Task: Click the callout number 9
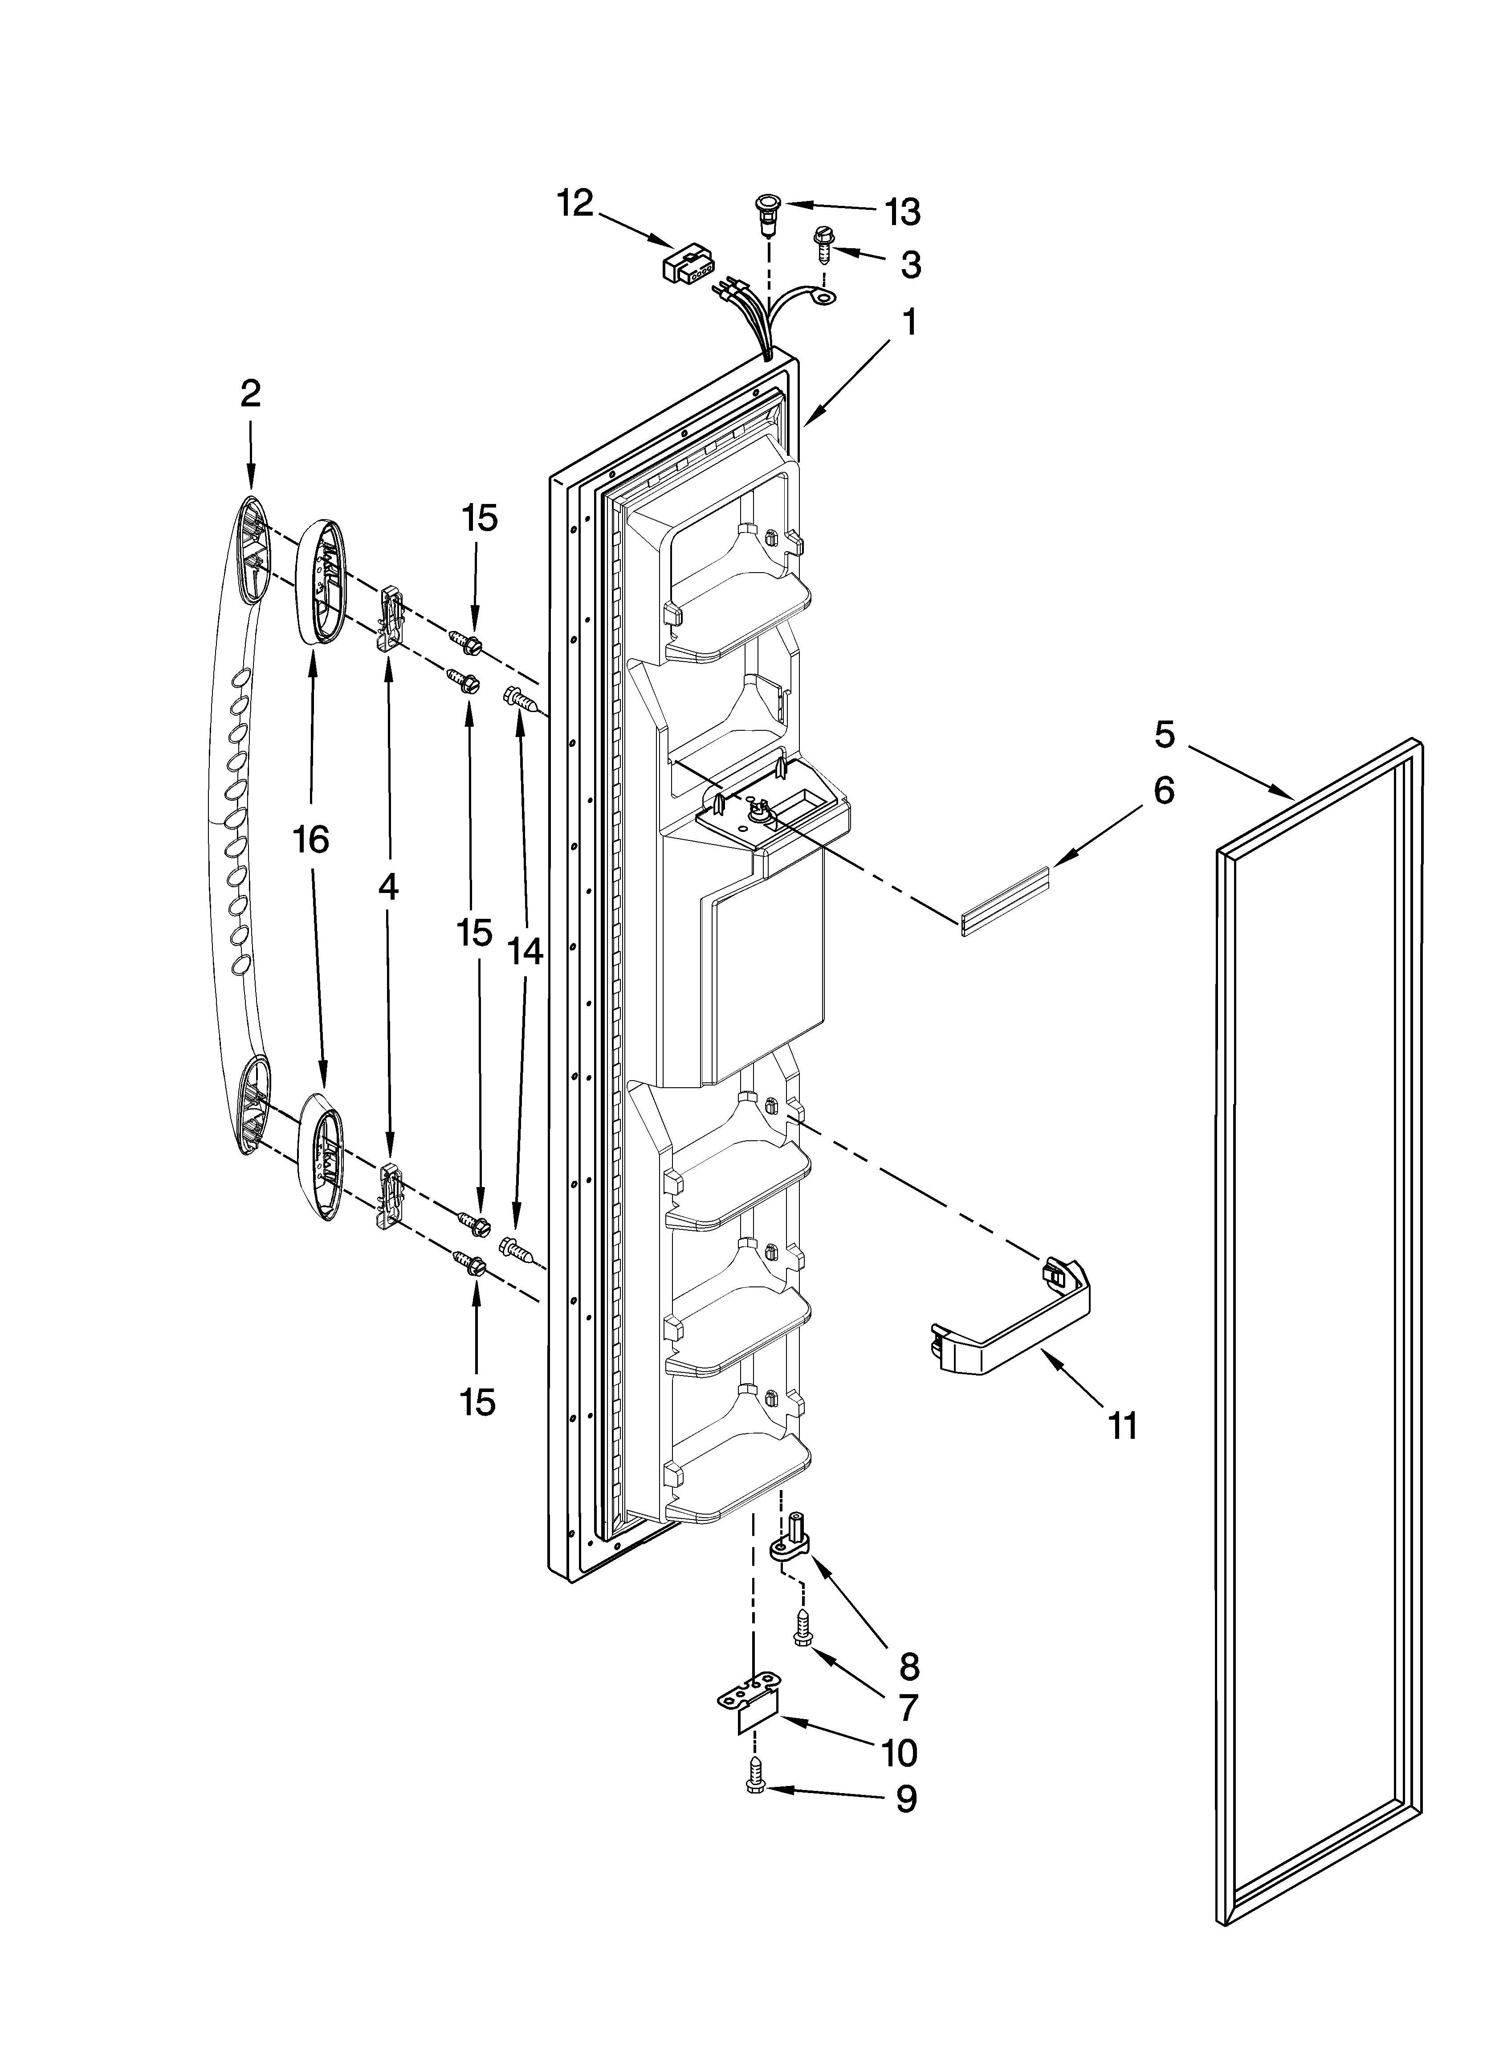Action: point(906,1799)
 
